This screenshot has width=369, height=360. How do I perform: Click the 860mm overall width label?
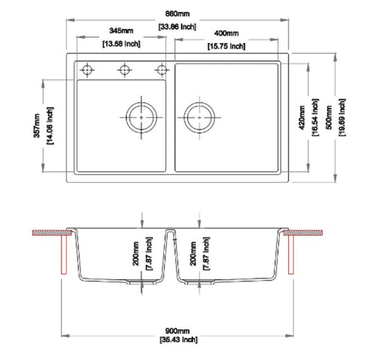tap(177, 14)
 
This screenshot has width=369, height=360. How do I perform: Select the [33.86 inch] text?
tap(177, 26)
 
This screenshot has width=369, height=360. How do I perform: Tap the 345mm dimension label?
tap(121, 33)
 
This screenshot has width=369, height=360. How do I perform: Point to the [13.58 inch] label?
tap(121, 44)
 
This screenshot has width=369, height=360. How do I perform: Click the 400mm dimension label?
tap(226, 34)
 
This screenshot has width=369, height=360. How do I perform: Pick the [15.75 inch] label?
tap(226, 46)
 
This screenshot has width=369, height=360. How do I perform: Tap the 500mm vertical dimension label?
tap(330, 118)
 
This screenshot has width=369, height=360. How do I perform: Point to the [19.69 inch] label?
tap(343, 118)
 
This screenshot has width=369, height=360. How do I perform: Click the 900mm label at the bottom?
tap(177, 331)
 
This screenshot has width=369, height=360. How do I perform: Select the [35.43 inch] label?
tap(177, 341)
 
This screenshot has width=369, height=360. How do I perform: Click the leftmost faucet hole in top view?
tap(88, 69)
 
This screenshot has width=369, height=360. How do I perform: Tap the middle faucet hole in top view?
tap(125, 69)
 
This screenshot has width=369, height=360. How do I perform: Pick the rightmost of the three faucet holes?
tap(162, 69)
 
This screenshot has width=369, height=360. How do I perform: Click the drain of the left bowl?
tap(142, 117)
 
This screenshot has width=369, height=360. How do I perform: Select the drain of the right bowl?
tap(199, 117)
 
